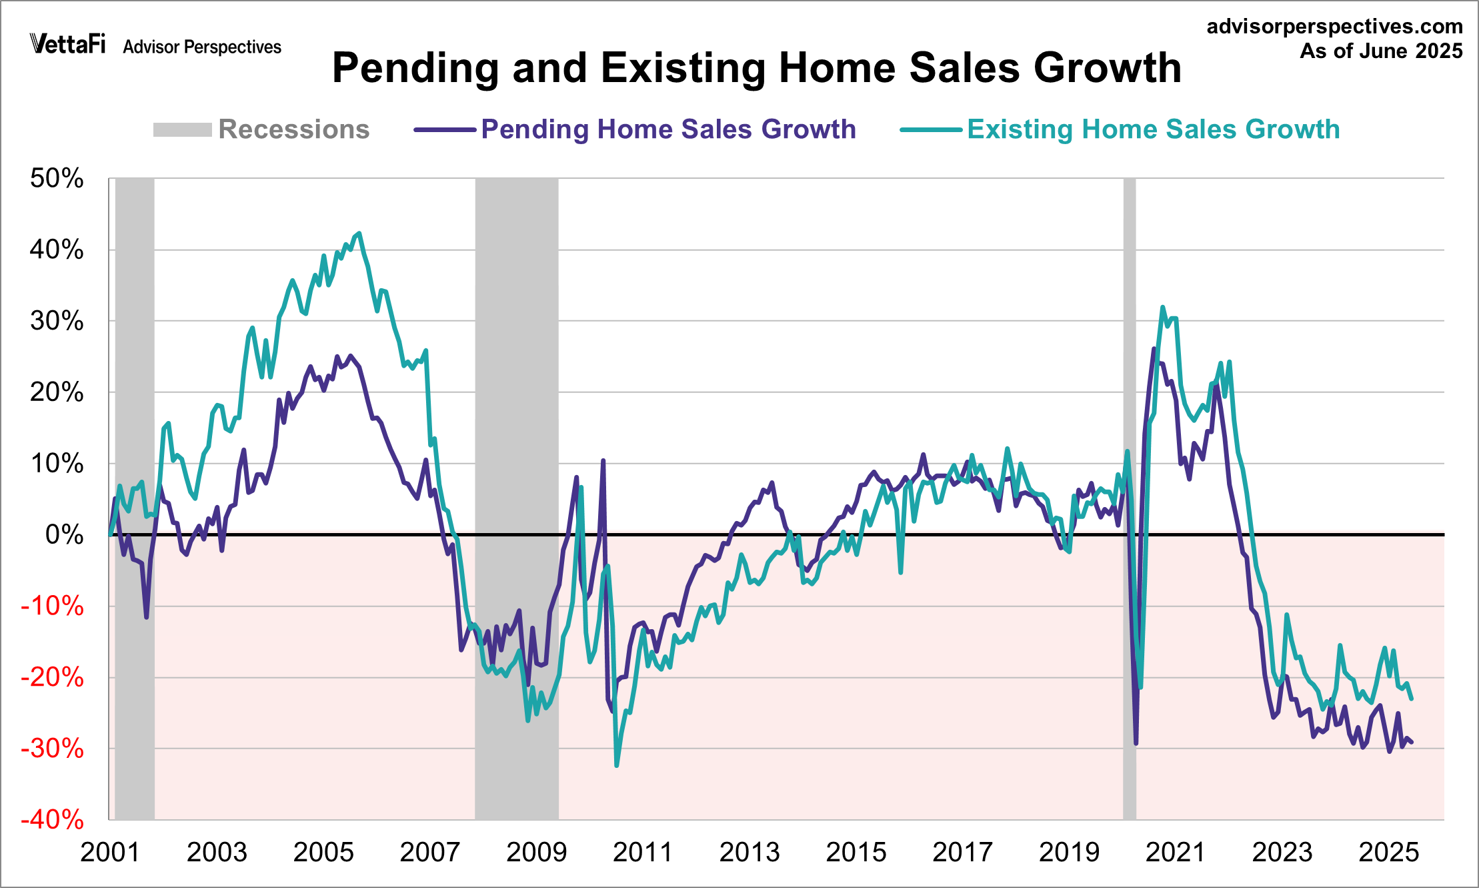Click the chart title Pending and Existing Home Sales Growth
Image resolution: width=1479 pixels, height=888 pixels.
(756, 68)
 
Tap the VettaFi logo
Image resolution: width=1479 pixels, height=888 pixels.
(67, 44)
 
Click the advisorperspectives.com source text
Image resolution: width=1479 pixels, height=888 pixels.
(1334, 27)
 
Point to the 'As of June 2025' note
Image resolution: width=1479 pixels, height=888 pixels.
(1381, 51)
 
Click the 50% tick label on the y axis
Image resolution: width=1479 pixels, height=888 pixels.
(57, 179)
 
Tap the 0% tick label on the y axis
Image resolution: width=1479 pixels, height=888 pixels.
(65, 535)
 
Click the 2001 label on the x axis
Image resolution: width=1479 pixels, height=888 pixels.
(110, 853)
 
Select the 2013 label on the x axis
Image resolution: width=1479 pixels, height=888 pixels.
(750, 853)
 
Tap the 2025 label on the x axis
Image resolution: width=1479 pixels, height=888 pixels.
(1388, 853)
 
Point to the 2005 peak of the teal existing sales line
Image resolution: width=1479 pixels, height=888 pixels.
(360, 234)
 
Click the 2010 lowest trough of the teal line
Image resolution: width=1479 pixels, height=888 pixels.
(616, 765)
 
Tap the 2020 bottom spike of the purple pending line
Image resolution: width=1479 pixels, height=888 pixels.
(1136, 743)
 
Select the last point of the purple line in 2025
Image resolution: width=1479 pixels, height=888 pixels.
(1411, 742)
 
